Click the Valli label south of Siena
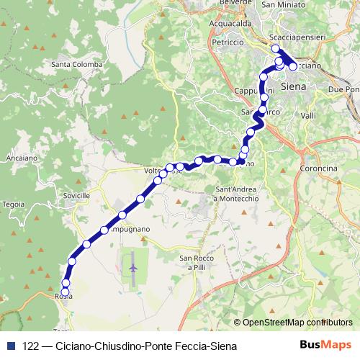308,115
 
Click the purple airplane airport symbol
133,269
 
